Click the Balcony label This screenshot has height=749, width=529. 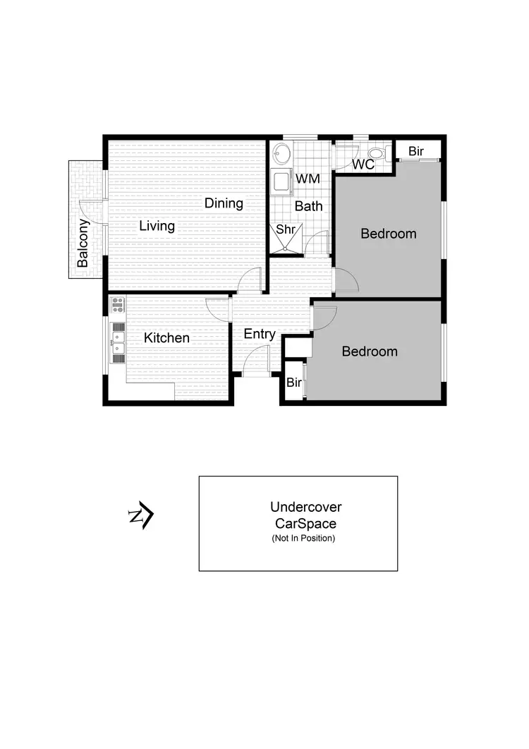[83, 243]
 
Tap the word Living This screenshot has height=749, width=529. [157, 226]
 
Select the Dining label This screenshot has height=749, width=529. [224, 203]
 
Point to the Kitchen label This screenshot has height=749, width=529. [166, 338]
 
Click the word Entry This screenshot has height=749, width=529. [259, 334]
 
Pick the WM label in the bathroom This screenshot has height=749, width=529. [308, 179]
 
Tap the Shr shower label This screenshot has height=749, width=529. [285, 229]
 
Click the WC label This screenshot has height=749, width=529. [363, 164]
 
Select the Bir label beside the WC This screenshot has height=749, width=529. [416, 151]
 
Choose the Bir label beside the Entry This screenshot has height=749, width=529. [294, 383]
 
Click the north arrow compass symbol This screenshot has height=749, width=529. [140, 516]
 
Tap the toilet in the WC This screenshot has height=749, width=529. [376, 153]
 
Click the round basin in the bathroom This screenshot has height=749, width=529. [283, 153]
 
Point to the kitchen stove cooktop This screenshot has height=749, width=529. [118, 306]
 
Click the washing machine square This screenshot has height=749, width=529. [282, 181]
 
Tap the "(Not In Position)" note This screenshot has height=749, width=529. [303, 539]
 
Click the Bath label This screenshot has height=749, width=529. [308, 206]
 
